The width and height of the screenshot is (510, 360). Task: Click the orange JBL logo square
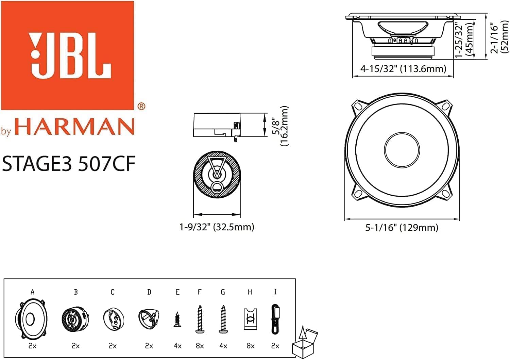[x=68, y=55]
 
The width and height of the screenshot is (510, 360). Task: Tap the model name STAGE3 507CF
[x=69, y=164]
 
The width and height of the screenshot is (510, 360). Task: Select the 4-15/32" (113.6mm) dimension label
[x=403, y=69]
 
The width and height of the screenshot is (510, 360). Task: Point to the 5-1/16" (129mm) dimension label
[x=402, y=228]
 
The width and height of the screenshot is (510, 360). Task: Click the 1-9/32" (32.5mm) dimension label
[x=217, y=227]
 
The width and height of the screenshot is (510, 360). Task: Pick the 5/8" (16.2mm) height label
[x=280, y=126]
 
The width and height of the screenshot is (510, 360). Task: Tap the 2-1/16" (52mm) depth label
[x=501, y=36]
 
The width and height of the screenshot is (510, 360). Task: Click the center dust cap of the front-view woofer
[x=402, y=150]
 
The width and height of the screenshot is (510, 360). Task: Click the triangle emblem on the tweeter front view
[x=217, y=167]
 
